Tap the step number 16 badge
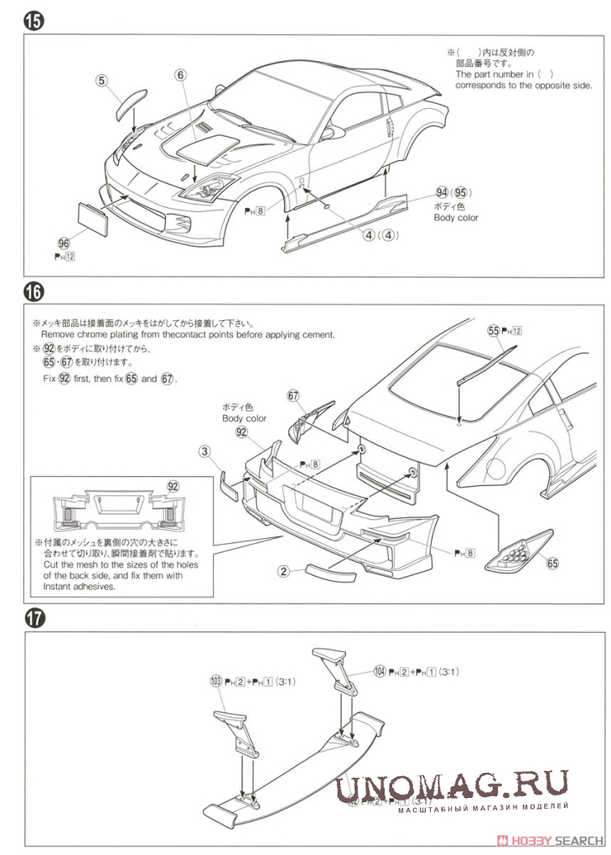coord(34,293)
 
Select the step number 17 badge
coord(34,619)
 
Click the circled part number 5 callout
coord(101,80)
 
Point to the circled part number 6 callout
coord(179,75)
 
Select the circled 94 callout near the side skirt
coord(443,192)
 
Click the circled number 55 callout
coord(493,331)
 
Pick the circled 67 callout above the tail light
coord(293,396)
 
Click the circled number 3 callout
coord(204,452)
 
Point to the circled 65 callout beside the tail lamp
coord(552,563)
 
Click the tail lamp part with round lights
coord(520,550)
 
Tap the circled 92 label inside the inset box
coord(173,486)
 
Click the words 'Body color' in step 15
coord(456,218)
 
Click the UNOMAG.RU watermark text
coord(453,787)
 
